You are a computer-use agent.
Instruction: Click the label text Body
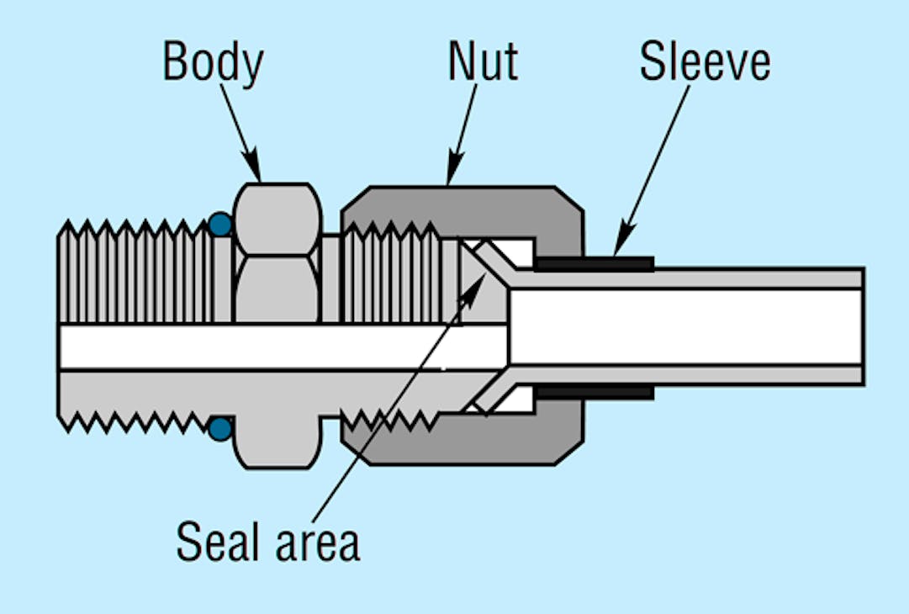[213, 62]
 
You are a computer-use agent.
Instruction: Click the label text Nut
[483, 62]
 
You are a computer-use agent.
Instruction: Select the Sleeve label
[705, 62]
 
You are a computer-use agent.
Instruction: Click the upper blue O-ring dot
[219, 225]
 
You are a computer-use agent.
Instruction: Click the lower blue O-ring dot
[219, 429]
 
